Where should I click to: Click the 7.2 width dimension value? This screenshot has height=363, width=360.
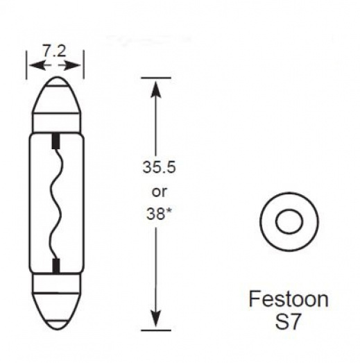[55, 51]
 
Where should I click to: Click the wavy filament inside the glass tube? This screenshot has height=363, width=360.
[55, 201]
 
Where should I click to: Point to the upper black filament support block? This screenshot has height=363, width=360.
[55, 142]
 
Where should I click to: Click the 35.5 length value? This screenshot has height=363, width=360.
[156, 168]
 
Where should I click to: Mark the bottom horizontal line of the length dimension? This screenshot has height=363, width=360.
[155, 330]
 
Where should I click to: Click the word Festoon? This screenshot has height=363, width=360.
[288, 301]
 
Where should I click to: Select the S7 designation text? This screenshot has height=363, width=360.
[288, 323]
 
